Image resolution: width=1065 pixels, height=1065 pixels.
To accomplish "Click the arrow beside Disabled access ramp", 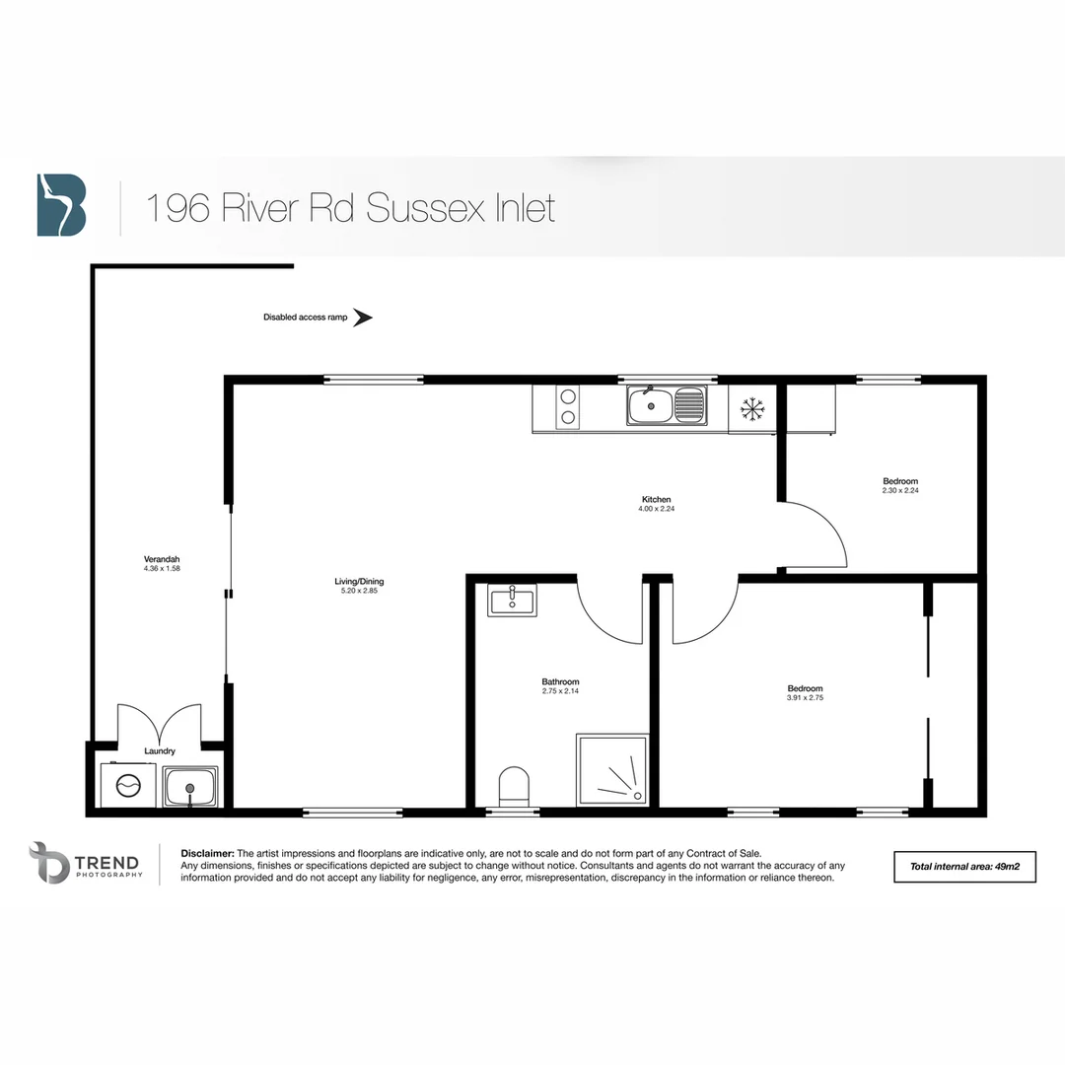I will (363, 318).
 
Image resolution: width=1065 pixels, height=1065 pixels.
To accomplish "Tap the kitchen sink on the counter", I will (666, 404).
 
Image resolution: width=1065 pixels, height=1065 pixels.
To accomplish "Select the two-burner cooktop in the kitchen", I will (568, 407).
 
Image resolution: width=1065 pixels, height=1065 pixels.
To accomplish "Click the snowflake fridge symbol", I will (753, 407).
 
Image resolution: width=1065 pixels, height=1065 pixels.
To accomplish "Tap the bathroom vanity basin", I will (513, 600).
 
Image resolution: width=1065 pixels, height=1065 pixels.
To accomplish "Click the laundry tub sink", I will (191, 788).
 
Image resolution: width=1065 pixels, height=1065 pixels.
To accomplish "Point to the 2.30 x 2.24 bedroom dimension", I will (900, 490).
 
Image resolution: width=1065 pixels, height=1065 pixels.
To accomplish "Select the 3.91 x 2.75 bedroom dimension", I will (805, 698).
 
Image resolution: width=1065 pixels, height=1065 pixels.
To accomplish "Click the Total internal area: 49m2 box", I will (964, 866).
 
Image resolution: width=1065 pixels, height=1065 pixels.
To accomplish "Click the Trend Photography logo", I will (86, 863).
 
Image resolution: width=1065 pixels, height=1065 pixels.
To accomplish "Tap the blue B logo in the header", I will (61, 205).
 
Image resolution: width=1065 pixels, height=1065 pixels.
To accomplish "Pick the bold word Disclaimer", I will (207, 853).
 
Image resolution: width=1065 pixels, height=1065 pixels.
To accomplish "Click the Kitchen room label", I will (657, 500).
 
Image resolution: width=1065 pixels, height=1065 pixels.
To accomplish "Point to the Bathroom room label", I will (560, 681).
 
